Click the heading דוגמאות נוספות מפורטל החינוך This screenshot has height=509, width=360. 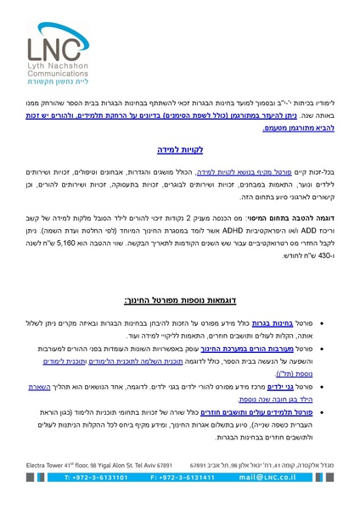(x=180, y=300)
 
